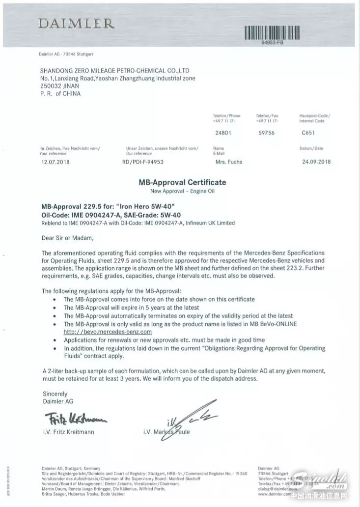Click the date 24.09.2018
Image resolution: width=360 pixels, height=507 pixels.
315,162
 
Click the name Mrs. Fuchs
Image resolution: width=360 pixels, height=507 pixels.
228,162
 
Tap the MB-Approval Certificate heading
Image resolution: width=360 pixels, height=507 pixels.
182,182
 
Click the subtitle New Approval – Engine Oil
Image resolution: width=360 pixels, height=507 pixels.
182,191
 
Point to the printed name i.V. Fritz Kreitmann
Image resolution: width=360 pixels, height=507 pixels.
69,432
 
